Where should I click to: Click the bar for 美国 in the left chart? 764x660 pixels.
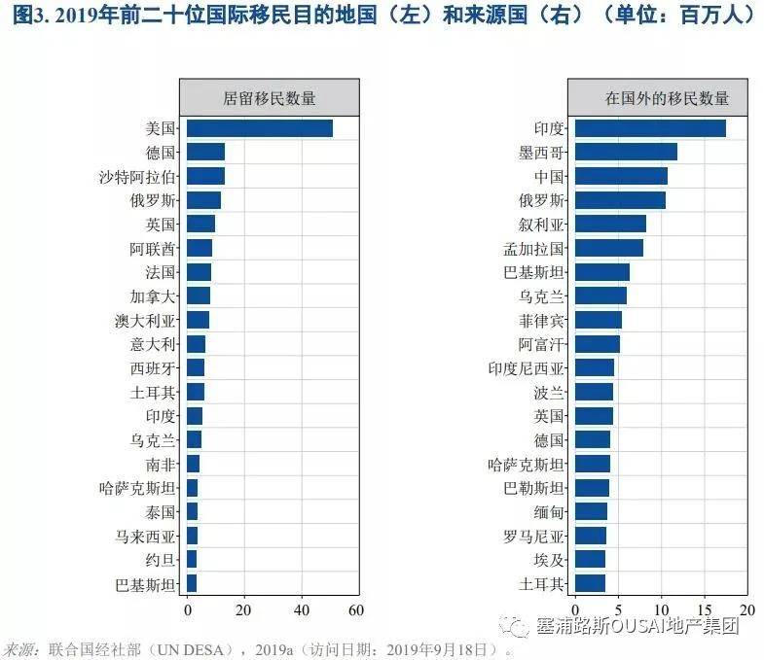259,128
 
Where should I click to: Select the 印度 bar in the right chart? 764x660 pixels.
650,128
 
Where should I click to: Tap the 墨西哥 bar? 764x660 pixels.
626,152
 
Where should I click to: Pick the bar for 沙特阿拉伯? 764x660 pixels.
205,176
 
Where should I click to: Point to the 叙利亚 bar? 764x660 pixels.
610,224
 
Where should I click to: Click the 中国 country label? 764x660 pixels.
549,176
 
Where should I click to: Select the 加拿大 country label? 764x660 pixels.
154,295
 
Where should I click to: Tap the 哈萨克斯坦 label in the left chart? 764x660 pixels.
138,488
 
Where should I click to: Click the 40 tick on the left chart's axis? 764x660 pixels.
302,609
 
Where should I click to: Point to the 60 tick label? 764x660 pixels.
356,609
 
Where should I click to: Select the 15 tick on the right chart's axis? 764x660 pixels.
705,609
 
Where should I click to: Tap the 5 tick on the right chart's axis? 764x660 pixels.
618,609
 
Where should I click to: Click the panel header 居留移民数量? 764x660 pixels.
270,97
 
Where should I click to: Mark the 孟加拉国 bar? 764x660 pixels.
609,248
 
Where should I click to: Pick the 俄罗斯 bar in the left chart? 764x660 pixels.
203,200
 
